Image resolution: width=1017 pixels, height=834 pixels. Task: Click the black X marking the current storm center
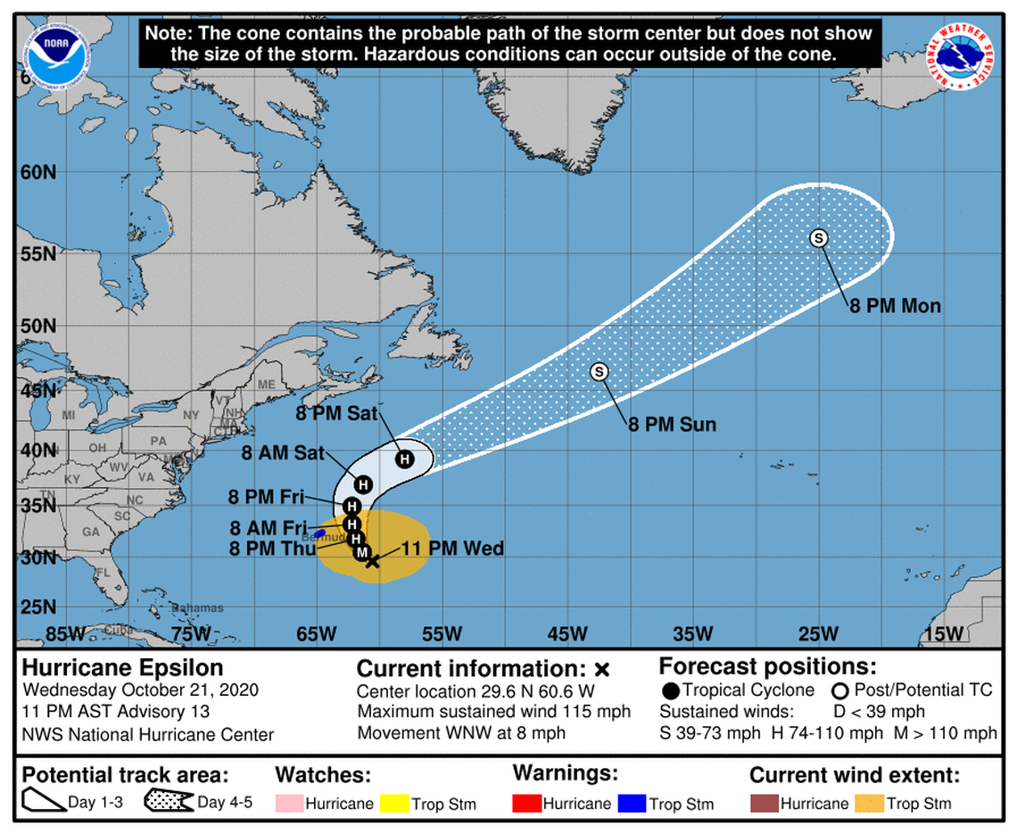(x=373, y=560)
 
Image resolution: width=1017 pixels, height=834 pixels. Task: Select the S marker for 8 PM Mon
(x=819, y=237)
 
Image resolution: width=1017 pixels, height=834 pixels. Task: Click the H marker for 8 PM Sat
(x=405, y=458)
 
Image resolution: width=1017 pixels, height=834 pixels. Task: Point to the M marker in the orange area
(x=362, y=553)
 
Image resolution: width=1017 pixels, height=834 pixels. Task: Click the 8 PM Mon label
(x=894, y=306)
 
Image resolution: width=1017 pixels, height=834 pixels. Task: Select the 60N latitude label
(x=37, y=171)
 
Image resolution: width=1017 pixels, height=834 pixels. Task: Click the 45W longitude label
(x=567, y=634)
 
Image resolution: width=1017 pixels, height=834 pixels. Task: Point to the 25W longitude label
(x=818, y=634)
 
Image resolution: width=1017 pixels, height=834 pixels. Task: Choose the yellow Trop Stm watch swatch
(x=393, y=803)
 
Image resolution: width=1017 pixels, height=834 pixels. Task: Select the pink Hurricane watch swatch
(x=288, y=803)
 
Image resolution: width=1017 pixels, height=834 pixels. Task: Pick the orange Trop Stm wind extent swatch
(x=868, y=803)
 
